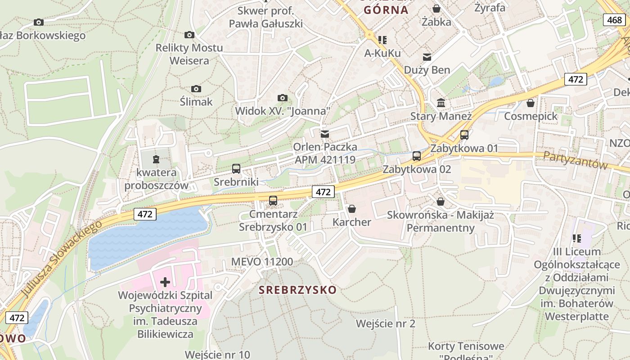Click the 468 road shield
[x=614, y=20]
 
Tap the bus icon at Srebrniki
[x=236, y=169]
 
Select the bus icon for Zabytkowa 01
[x=464, y=135]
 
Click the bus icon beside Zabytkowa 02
[x=417, y=156]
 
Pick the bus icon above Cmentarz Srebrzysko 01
[x=273, y=200]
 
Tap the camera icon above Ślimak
[x=196, y=89]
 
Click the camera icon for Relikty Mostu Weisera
[x=189, y=35]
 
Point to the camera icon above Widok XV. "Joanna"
[x=282, y=98]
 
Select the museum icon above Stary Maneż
[x=441, y=103]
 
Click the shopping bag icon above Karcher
[x=352, y=209]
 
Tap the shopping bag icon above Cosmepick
[x=531, y=103]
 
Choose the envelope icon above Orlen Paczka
[x=324, y=134]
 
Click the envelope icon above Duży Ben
[x=427, y=57]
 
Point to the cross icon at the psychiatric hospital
[x=165, y=282]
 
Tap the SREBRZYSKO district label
[x=298, y=290]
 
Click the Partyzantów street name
[x=576, y=160]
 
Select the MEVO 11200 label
[x=262, y=261]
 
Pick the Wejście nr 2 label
[x=386, y=324]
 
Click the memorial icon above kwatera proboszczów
[x=156, y=159]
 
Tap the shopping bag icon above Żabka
[x=436, y=8]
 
